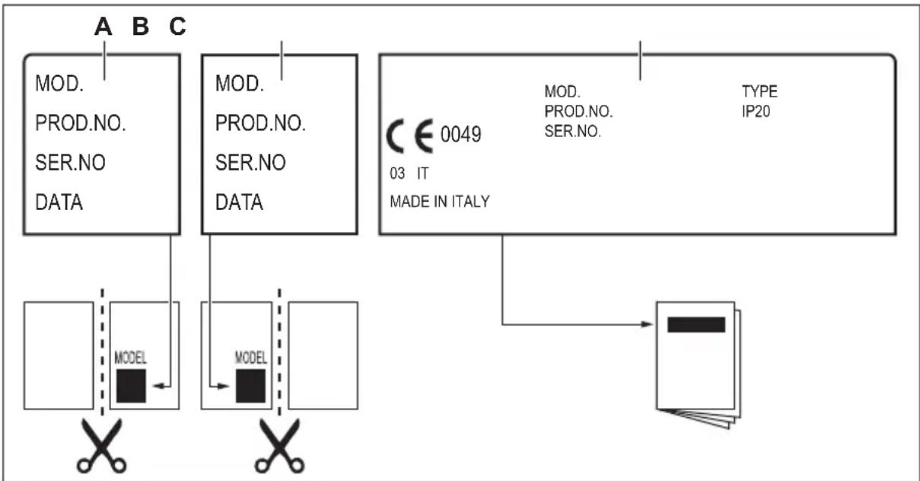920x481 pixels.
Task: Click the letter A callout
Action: click(x=103, y=27)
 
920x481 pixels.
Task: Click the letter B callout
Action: click(x=141, y=27)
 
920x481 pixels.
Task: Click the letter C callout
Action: click(x=177, y=27)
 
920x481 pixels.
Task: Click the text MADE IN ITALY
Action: click(x=439, y=202)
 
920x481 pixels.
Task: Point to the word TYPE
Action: click(x=759, y=92)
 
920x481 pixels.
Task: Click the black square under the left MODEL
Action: click(x=132, y=386)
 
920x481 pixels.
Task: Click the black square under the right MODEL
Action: click(x=250, y=386)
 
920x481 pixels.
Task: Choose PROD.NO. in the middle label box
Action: click(x=260, y=124)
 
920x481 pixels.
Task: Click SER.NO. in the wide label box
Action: click(x=573, y=130)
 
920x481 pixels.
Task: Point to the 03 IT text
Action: click(x=409, y=174)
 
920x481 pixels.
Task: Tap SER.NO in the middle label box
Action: click(x=251, y=164)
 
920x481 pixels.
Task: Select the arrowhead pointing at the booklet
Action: click(x=649, y=324)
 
